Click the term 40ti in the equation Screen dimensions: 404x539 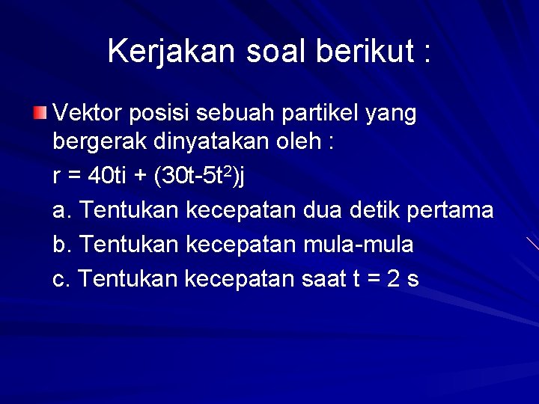coord(108,177)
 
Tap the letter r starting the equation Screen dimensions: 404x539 coord(57,177)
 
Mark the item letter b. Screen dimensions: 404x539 coord(60,245)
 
